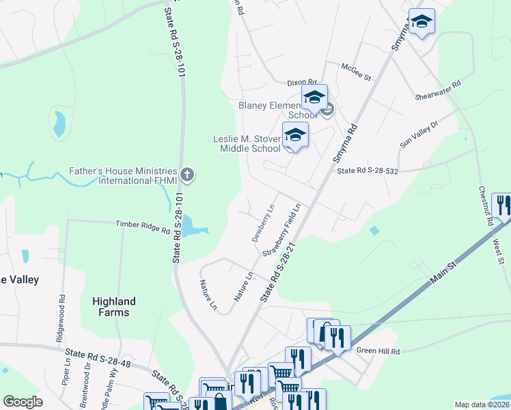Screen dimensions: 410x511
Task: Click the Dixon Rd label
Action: pyautogui.click(x=303, y=81)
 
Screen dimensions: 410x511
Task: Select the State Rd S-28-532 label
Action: pyautogui.click(x=367, y=170)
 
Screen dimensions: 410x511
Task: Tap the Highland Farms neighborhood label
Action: pyautogui.click(x=114, y=307)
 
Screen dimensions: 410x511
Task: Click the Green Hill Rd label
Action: pyautogui.click(x=378, y=351)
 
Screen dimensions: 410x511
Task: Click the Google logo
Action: pyautogui.click(x=23, y=401)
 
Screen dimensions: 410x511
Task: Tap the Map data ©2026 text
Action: pyautogui.click(x=482, y=405)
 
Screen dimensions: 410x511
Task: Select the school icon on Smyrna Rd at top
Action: pyautogui.click(x=422, y=23)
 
